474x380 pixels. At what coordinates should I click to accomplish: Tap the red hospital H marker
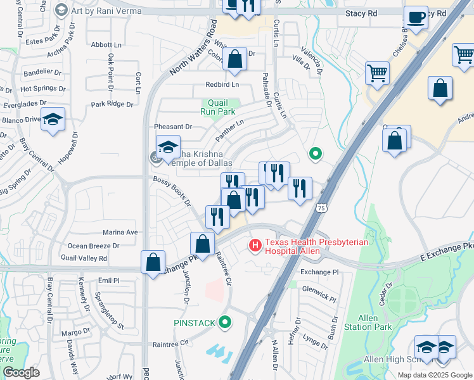[255, 244]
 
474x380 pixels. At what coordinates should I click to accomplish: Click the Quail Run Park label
[218, 106]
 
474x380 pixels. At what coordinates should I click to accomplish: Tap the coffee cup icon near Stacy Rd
[416, 18]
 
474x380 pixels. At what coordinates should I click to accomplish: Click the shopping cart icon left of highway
[377, 73]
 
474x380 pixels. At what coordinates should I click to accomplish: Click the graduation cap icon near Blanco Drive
[53, 120]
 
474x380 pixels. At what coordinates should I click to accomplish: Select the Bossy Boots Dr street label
[172, 191]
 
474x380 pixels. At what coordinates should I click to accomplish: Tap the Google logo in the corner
[21, 372]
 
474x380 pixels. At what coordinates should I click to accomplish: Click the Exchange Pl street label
[319, 272]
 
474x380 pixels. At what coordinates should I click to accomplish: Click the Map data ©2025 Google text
[434, 375]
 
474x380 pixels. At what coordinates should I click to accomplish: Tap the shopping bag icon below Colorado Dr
[234, 60]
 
